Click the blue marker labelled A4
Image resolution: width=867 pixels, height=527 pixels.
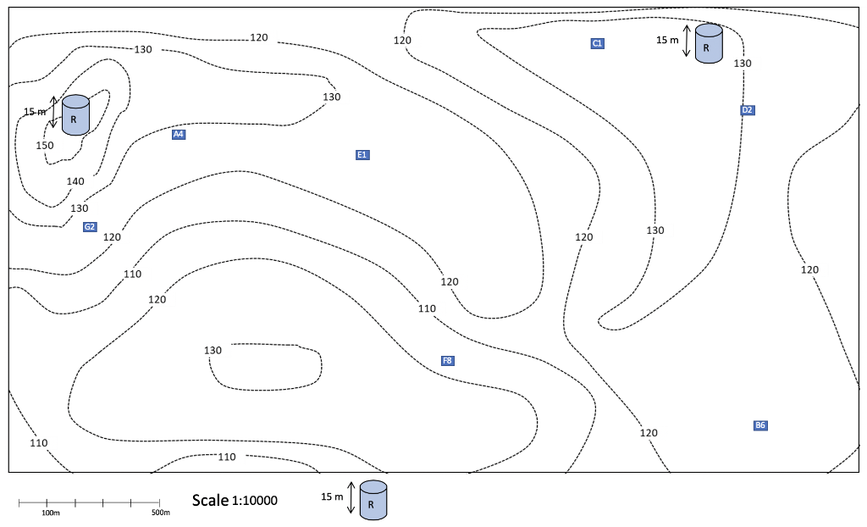(x=178, y=135)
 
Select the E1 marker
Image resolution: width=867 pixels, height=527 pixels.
(x=362, y=155)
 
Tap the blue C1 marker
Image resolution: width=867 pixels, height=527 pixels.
(x=597, y=43)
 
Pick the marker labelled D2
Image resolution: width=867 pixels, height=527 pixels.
(x=747, y=110)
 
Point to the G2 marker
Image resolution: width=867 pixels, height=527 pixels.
(x=90, y=227)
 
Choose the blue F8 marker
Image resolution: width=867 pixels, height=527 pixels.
(x=447, y=361)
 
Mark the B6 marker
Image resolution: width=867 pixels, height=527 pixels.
(x=760, y=425)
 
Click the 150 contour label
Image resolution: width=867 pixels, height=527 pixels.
(x=45, y=146)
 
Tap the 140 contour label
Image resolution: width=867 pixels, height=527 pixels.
(x=75, y=181)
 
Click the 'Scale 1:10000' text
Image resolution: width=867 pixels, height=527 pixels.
(x=235, y=501)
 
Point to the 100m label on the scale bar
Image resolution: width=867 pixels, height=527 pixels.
(x=51, y=513)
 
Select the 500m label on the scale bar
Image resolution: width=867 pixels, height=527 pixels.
(x=161, y=513)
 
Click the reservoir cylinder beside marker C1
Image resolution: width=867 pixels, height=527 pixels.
(x=709, y=43)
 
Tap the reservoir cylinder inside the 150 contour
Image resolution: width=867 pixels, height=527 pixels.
(x=75, y=114)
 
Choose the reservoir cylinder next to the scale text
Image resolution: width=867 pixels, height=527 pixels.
(x=373, y=500)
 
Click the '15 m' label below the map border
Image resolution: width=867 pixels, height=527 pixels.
(x=332, y=496)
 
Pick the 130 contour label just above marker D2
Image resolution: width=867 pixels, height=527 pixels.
(x=743, y=64)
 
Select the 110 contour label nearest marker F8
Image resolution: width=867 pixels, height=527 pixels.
(x=427, y=309)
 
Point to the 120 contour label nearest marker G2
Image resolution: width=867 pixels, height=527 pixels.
(x=112, y=237)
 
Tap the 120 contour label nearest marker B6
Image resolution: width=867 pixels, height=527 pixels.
(x=649, y=433)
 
